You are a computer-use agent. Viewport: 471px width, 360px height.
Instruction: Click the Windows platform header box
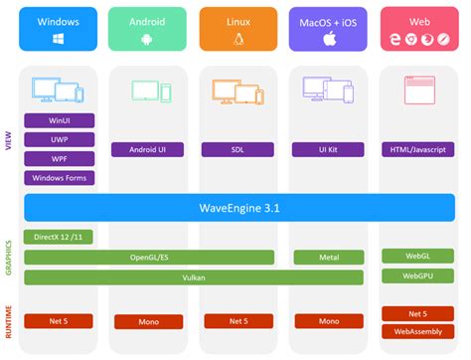(59, 29)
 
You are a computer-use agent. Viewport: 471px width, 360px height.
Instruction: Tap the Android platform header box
(149, 29)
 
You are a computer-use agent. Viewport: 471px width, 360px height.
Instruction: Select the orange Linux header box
(239, 29)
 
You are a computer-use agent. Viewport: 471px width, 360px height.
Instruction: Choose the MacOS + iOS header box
(330, 29)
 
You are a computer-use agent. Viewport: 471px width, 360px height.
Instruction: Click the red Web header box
(419, 29)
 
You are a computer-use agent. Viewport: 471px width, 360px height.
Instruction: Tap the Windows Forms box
(59, 179)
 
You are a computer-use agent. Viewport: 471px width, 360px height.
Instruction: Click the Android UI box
(149, 150)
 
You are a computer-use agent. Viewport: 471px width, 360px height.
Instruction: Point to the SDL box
(239, 150)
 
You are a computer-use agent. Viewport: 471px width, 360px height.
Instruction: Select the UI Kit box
(329, 150)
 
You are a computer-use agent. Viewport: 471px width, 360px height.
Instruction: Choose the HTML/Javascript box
(419, 150)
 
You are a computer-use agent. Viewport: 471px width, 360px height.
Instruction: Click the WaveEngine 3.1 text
(239, 208)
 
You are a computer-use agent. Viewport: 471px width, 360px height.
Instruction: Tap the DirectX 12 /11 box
(59, 237)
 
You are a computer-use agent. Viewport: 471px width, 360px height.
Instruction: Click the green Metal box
(329, 256)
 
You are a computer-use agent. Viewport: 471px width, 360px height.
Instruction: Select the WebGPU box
(419, 274)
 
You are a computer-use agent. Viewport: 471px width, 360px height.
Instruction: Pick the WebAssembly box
(419, 330)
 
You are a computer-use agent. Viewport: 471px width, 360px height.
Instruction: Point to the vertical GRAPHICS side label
(10, 256)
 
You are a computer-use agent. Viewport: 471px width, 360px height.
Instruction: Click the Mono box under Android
(149, 321)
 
